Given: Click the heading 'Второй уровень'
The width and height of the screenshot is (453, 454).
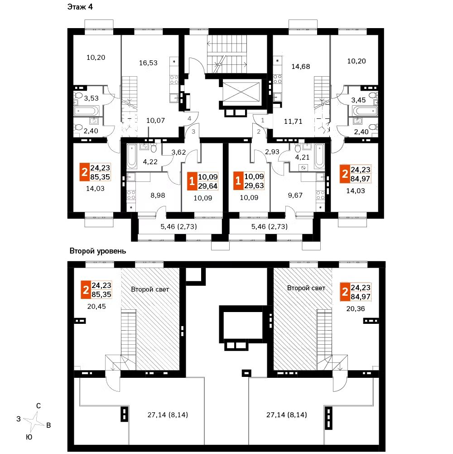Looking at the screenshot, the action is tap(97, 251).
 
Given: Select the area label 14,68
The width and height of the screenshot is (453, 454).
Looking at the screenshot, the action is tap(301, 67).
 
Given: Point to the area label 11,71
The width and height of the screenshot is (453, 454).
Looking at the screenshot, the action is tap(293, 121).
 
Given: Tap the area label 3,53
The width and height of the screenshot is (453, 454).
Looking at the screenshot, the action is tap(92, 98).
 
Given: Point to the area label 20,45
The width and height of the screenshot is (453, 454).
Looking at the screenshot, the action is tap(97, 307).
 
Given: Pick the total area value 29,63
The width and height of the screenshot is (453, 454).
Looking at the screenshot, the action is tap(254, 185).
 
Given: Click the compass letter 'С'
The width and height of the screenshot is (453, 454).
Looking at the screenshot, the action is tap(39, 405).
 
